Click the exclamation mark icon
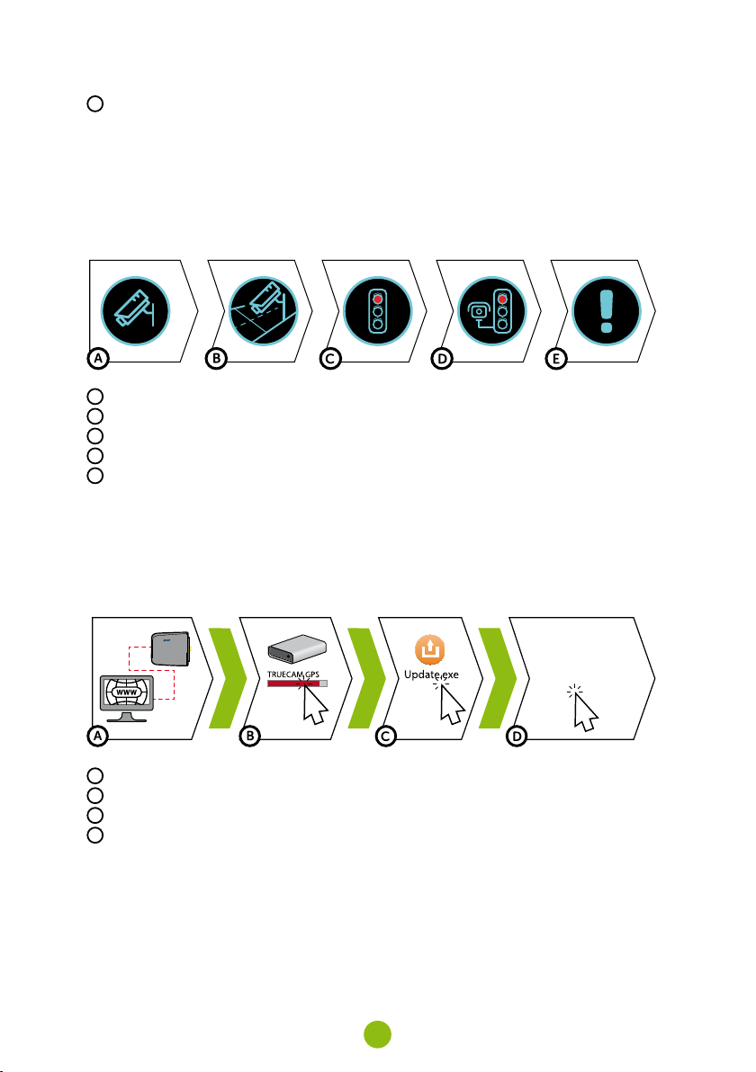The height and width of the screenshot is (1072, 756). [606, 312]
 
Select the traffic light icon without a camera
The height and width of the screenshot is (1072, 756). [377, 312]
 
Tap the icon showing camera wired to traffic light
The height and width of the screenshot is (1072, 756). [491, 312]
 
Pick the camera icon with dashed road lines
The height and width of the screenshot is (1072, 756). [264, 312]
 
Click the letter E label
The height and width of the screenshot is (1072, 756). [556, 358]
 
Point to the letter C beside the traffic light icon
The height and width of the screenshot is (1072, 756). [331, 358]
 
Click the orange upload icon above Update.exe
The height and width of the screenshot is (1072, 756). [429, 649]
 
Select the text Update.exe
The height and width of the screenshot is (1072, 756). [431, 674]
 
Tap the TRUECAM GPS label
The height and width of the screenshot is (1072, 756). [292, 674]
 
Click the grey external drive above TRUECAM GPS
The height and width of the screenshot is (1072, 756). [296, 648]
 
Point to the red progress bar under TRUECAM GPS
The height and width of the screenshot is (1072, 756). [297, 683]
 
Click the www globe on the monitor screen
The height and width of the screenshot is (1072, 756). [127, 692]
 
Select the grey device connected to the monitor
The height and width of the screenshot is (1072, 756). [170, 648]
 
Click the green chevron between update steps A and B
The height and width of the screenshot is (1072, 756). [227, 677]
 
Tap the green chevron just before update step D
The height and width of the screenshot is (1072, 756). [498, 677]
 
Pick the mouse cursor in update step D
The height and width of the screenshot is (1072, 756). [584, 712]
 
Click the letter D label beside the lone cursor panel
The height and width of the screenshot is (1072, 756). [517, 737]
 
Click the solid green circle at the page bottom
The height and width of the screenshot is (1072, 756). [377, 1034]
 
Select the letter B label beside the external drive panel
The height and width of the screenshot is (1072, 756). [249, 737]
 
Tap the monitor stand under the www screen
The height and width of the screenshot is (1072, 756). [127, 717]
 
